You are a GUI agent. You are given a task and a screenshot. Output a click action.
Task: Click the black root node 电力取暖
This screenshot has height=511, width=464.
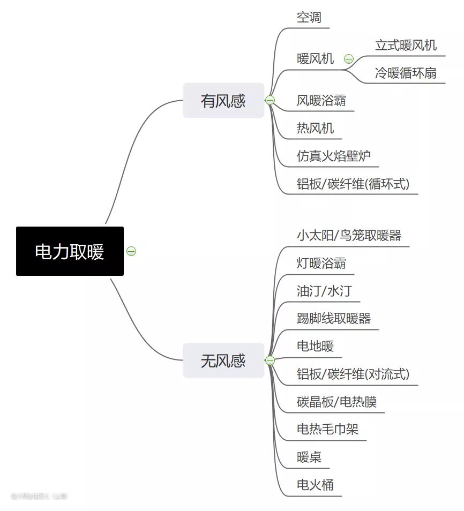[70, 251]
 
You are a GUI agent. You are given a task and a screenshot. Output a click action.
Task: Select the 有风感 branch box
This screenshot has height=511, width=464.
[223, 100]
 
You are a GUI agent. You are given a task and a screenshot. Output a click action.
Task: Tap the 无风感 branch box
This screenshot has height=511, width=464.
[223, 360]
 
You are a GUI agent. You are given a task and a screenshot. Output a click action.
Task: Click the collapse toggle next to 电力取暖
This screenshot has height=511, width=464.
[131, 251]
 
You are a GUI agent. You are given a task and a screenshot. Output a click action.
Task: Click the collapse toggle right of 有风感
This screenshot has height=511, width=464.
[270, 100]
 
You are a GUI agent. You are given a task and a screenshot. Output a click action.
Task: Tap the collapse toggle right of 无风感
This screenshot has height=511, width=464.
[270, 360]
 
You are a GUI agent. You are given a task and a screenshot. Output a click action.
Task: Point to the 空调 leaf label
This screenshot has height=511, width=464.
[309, 17]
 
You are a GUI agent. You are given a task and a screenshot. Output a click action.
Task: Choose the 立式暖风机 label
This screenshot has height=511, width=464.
[406, 46]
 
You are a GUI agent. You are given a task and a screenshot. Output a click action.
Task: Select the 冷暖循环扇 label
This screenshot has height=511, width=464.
[406, 73]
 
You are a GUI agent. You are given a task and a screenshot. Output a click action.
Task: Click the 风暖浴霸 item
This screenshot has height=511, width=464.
[321, 100]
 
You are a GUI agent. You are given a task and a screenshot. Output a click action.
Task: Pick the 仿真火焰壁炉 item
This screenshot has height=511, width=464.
[334, 156]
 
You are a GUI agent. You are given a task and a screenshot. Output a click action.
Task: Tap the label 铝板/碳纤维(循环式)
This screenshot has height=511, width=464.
[353, 184]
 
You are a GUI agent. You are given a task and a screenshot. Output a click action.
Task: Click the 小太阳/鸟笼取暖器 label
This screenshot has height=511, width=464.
[349, 235]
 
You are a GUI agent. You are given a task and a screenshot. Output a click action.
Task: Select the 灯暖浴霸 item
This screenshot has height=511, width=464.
[321, 263]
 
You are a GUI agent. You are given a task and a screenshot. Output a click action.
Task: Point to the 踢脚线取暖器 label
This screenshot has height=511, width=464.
[334, 319]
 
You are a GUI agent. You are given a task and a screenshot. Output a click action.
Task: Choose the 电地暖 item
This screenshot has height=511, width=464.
[315, 346]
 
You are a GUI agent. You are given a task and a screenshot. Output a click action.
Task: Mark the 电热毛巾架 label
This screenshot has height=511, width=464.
[327, 429]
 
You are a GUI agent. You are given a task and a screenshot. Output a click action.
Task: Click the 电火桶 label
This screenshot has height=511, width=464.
[315, 485]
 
